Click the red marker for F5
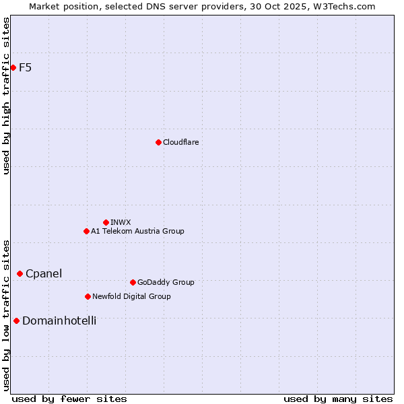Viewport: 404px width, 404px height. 13,67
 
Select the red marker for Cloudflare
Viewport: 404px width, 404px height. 158,142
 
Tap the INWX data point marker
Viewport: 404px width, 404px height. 106,222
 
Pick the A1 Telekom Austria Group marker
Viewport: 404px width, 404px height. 86,231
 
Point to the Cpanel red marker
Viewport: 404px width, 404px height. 20,273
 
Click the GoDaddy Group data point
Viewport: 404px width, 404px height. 133,282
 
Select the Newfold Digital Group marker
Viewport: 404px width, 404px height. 88,296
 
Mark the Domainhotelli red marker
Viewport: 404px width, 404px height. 16,321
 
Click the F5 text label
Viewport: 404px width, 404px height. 25,67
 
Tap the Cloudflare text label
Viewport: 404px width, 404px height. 180,142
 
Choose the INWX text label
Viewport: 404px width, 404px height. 121,222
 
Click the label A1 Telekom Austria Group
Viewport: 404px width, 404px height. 137,231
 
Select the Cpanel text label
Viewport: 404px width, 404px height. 44,273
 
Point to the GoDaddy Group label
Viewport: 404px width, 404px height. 166,282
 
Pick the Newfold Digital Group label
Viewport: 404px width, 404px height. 131,296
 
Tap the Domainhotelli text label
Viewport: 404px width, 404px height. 59,321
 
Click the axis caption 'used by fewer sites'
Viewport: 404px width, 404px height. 69,399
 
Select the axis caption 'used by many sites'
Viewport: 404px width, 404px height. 338,399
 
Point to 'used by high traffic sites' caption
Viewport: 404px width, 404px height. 6,96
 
